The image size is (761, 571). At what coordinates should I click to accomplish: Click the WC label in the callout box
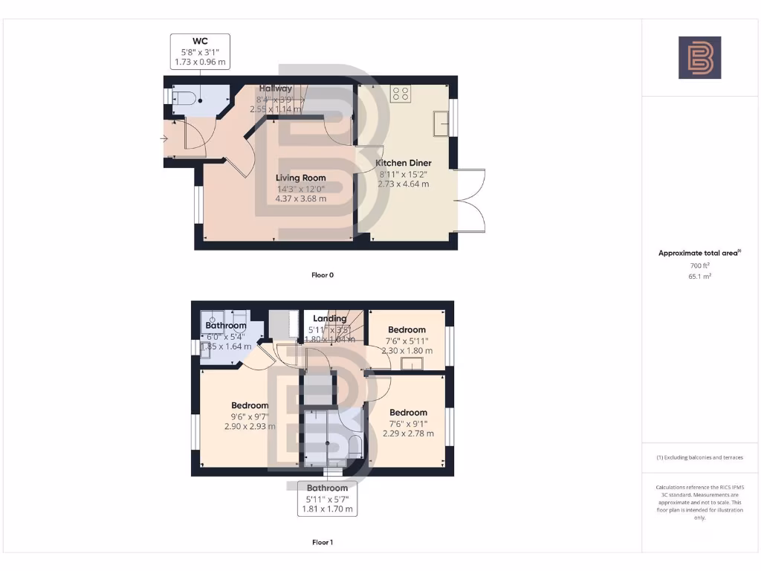point(200,42)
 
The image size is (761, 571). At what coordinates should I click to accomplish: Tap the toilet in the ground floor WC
point(185,97)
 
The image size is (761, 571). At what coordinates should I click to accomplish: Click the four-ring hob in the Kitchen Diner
point(401,94)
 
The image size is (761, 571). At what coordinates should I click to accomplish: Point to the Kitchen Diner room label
point(403,163)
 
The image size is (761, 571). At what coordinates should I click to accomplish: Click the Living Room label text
point(301,178)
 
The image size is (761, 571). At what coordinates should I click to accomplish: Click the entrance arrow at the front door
point(163,138)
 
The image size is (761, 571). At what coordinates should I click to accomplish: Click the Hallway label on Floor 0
point(275,88)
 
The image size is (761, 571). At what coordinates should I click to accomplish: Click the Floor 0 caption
point(323,275)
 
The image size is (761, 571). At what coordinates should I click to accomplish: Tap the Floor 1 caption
point(323,543)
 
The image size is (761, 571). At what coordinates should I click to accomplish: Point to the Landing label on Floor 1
point(330,319)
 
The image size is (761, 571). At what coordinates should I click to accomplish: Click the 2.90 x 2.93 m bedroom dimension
point(250,427)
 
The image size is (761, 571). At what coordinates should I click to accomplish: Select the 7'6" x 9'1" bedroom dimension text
point(408,424)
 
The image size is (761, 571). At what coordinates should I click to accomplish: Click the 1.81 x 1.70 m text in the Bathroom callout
point(328,510)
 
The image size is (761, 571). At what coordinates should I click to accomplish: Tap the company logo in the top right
point(699,57)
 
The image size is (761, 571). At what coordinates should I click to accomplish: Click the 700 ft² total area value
point(699,265)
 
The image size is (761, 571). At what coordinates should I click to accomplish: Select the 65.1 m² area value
point(699,276)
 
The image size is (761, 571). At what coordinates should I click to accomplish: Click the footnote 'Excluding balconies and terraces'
point(699,457)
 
